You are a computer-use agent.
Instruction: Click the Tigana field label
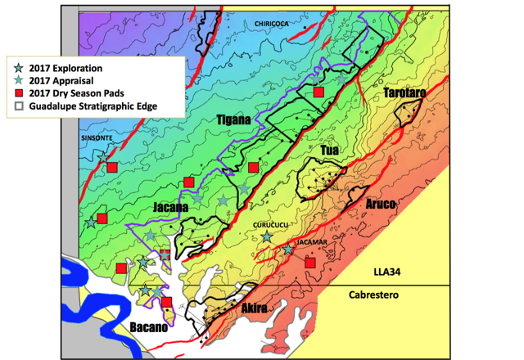click(233, 120)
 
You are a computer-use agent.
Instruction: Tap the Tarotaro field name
click(404, 95)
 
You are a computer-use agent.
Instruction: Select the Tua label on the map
click(329, 151)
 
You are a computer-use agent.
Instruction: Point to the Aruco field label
click(381, 202)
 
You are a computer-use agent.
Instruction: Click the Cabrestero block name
click(376, 295)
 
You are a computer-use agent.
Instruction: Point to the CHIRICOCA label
click(272, 25)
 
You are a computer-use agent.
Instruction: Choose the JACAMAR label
click(310, 242)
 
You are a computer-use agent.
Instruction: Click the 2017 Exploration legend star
click(19, 67)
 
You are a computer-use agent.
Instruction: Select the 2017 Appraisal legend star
click(19, 80)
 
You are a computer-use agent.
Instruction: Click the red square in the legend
click(19, 92)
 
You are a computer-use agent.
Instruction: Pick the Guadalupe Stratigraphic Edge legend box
click(19, 106)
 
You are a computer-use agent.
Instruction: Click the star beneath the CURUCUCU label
click(267, 237)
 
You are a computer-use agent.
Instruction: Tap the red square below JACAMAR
click(310, 263)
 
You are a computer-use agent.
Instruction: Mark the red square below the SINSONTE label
click(112, 167)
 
